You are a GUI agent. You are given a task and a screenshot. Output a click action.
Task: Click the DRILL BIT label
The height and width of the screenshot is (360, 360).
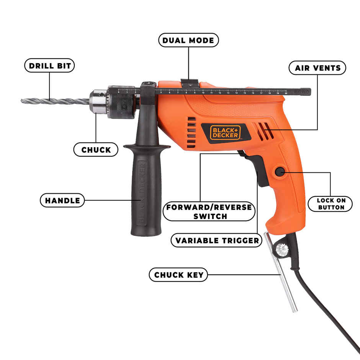50,65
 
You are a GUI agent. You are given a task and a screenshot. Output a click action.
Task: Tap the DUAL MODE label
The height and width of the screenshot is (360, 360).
188,40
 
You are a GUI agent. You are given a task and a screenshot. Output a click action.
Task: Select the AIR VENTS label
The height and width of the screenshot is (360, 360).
317,68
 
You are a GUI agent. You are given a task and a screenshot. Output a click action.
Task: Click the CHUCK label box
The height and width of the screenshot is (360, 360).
96,150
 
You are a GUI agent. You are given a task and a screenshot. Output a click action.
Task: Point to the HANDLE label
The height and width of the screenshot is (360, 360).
62,200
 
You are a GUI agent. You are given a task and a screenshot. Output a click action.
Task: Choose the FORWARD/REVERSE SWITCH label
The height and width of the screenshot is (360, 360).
209,211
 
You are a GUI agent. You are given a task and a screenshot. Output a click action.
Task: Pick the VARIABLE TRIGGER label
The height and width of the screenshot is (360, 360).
217,241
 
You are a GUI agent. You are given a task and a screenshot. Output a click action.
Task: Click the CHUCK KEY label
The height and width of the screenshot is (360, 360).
178,275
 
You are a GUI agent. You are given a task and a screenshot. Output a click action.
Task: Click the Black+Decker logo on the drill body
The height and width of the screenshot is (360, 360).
225,132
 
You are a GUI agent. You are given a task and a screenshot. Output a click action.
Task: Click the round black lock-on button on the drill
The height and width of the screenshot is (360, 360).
279,172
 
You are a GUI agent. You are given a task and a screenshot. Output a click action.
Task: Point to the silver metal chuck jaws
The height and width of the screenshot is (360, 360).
98,102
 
